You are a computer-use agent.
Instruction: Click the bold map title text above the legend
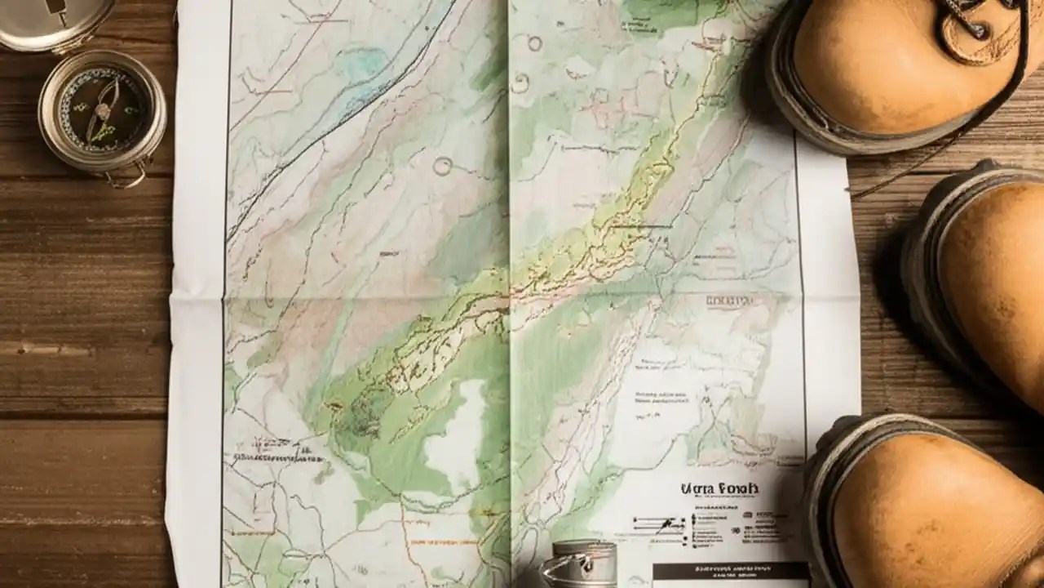click(719, 489)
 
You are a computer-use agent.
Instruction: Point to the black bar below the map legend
click(730, 572)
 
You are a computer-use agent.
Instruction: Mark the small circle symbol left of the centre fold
click(442, 167)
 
